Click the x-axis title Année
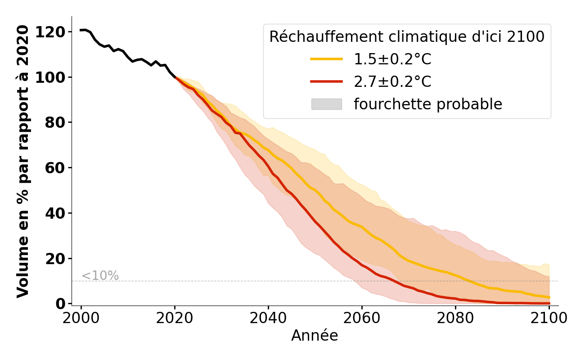(315, 336)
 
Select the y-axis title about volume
(23, 161)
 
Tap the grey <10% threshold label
(100, 276)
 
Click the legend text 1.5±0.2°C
(392, 59)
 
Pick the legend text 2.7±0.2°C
(392, 81)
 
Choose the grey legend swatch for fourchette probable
(326, 104)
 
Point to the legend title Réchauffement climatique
(407, 37)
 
